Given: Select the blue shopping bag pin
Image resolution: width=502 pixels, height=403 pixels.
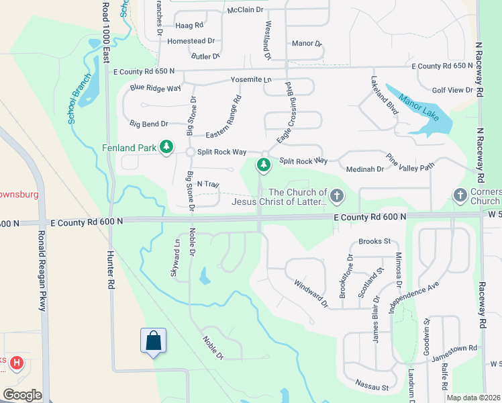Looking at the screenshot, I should click(x=154, y=341).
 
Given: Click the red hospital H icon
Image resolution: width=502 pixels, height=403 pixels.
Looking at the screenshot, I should click(x=17, y=364).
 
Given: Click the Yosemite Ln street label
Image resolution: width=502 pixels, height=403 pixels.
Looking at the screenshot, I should click(x=250, y=80).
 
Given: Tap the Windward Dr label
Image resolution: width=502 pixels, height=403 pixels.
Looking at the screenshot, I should click(x=311, y=293).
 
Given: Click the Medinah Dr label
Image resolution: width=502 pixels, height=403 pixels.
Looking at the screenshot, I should click(x=364, y=169).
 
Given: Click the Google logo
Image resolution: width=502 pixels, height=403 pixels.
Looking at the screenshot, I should click(x=22, y=394).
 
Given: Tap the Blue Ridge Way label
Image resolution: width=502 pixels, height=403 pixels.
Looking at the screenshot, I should click(x=156, y=88).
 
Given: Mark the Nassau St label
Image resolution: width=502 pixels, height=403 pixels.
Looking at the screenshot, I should click(x=376, y=388).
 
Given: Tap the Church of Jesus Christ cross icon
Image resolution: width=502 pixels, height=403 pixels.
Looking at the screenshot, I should click(x=336, y=196).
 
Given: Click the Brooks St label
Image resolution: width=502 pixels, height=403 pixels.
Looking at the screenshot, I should click(x=374, y=241).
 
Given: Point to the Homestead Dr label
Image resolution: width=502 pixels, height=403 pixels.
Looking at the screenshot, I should click(x=191, y=41).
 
